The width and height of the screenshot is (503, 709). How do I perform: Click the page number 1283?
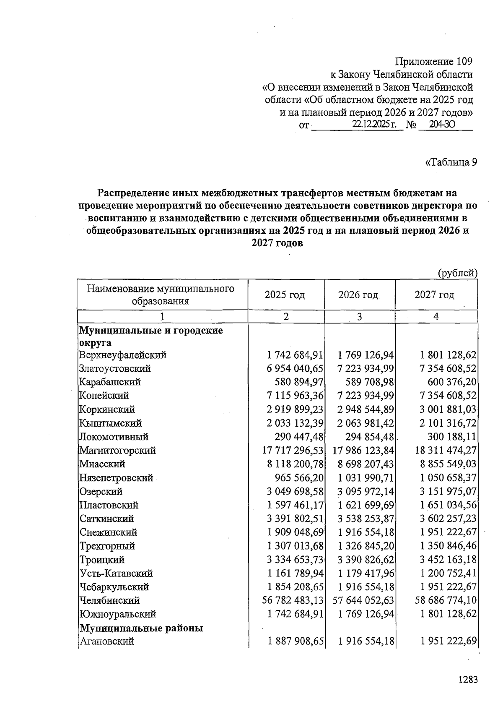468,680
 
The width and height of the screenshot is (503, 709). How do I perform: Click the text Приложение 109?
434,62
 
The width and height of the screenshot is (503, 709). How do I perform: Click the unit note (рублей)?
457,273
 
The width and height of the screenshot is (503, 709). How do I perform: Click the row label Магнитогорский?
118,451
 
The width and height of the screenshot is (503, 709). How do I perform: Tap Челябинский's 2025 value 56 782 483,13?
293,600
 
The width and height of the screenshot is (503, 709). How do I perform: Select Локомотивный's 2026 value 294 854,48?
369,437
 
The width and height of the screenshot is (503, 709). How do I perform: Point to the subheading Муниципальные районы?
141,628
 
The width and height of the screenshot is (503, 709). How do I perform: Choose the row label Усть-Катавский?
116,573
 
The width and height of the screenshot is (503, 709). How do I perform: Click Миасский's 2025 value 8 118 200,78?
295,464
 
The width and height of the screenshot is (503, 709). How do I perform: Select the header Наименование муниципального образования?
161,295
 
